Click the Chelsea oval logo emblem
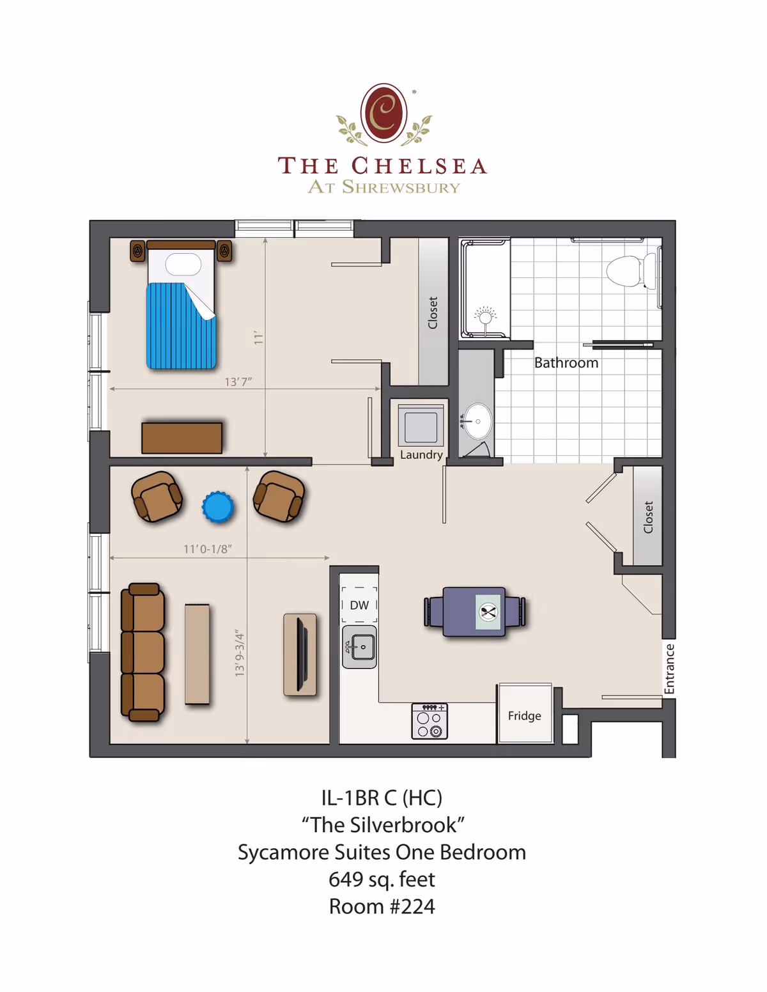pyautogui.click(x=383, y=112)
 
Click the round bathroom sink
pyautogui.click(x=477, y=421)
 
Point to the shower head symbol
pyautogui.click(x=485, y=316)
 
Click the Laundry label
pyautogui.click(x=421, y=454)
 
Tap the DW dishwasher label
pyautogui.click(x=359, y=605)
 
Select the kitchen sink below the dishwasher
pyautogui.click(x=359, y=647)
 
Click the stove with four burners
pyautogui.click(x=430, y=721)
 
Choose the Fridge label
pyautogui.click(x=524, y=716)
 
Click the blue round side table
pyautogui.click(x=218, y=508)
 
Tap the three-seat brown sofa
pyautogui.click(x=143, y=652)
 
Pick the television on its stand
pyautogui.click(x=300, y=654)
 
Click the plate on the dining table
pyautogui.click(x=489, y=612)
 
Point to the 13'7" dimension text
pyautogui.click(x=238, y=382)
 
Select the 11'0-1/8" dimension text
pyautogui.click(x=208, y=549)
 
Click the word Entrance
pyautogui.click(x=669, y=669)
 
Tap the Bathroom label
pyautogui.click(x=566, y=363)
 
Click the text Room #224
pyautogui.click(x=382, y=906)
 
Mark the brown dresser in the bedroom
pyautogui.click(x=182, y=438)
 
